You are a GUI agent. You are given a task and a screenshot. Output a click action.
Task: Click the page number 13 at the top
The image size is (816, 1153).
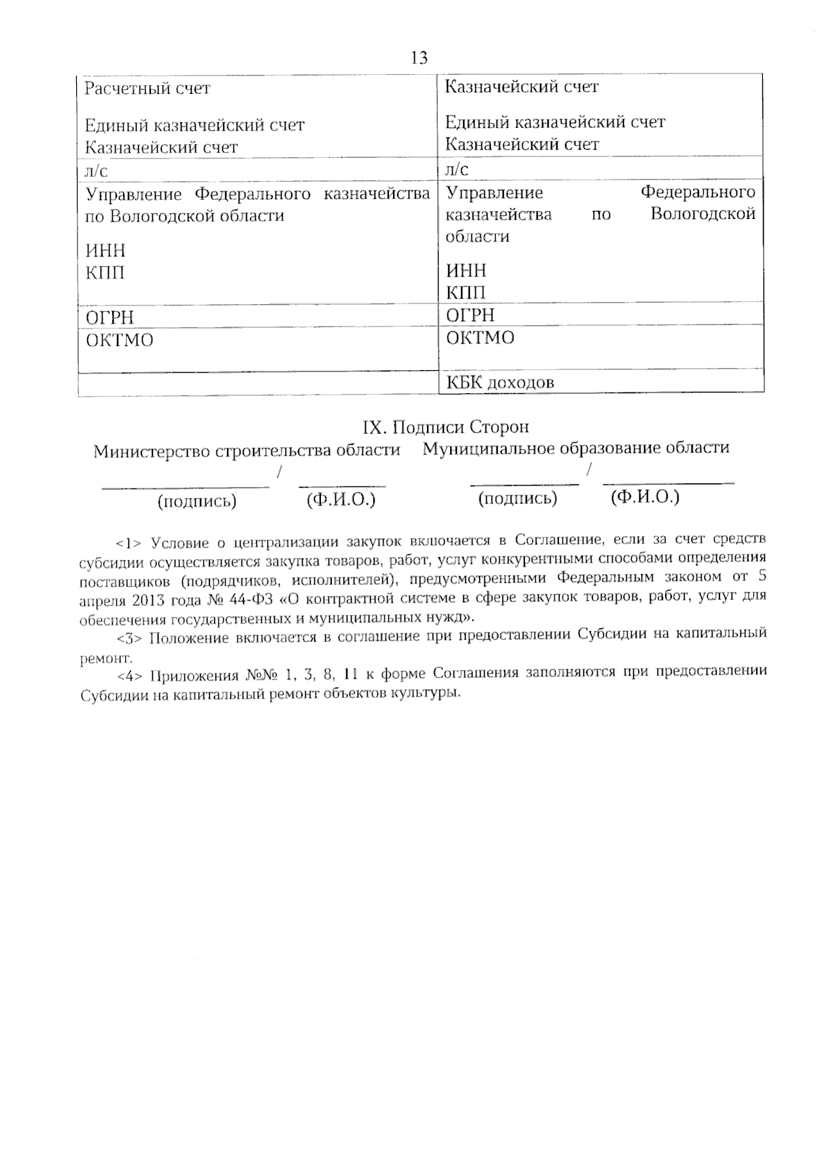[x=420, y=58]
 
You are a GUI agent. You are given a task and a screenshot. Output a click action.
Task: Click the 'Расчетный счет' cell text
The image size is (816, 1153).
[x=148, y=88]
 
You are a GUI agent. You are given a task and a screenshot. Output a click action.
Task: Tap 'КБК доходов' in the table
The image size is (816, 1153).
[x=500, y=382]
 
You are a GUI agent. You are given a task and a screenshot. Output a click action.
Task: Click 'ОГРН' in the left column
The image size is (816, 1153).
[x=109, y=318]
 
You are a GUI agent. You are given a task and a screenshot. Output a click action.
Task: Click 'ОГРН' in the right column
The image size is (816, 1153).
[x=471, y=316]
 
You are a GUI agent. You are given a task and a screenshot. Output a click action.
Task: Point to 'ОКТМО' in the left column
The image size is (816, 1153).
[x=120, y=340]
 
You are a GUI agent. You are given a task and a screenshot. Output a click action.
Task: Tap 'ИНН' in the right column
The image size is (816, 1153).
[x=466, y=271]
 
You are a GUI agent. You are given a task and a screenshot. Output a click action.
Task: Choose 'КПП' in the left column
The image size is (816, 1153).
[x=105, y=273]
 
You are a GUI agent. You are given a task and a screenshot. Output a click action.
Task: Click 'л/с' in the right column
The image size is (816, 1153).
[x=457, y=169]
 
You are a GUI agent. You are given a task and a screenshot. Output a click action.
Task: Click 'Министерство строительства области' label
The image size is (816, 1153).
[x=247, y=451]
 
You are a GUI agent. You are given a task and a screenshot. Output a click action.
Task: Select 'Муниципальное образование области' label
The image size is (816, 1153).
[x=576, y=448]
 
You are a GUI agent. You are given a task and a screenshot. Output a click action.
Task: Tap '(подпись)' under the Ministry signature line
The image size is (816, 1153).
[x=197, y=501]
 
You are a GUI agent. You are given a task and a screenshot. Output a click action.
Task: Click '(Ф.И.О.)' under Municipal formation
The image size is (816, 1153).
[x=645, y=497]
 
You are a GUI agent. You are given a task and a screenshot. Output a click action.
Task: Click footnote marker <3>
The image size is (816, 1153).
[x=129, y=639]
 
